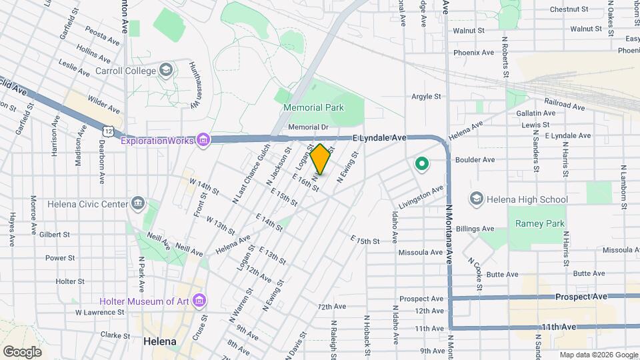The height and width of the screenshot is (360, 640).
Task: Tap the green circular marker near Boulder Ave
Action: pos(421,163)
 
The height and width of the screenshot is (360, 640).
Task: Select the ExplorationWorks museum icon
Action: pos(203,140)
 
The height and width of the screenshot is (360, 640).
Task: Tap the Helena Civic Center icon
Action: pos(138,203)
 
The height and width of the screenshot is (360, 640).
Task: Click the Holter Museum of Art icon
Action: pos(198,301)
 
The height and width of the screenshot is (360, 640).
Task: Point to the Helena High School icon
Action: pos(477,199)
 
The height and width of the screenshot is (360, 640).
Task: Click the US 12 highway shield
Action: pos(108,125)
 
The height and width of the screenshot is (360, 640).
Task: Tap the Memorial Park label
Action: pos(313,107)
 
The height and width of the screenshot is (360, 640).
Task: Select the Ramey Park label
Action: pos(539,224)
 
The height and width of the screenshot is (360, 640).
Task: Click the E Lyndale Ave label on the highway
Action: pos(379,137)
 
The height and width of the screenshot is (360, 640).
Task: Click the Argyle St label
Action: pos(426,96)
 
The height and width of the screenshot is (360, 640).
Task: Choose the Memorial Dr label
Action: pos(308,127)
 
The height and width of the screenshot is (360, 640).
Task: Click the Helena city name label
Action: pos(160,341)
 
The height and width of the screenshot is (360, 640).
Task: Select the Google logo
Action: pos(22,351)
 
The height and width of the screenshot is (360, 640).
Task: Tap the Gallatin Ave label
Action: pos(535,113)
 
